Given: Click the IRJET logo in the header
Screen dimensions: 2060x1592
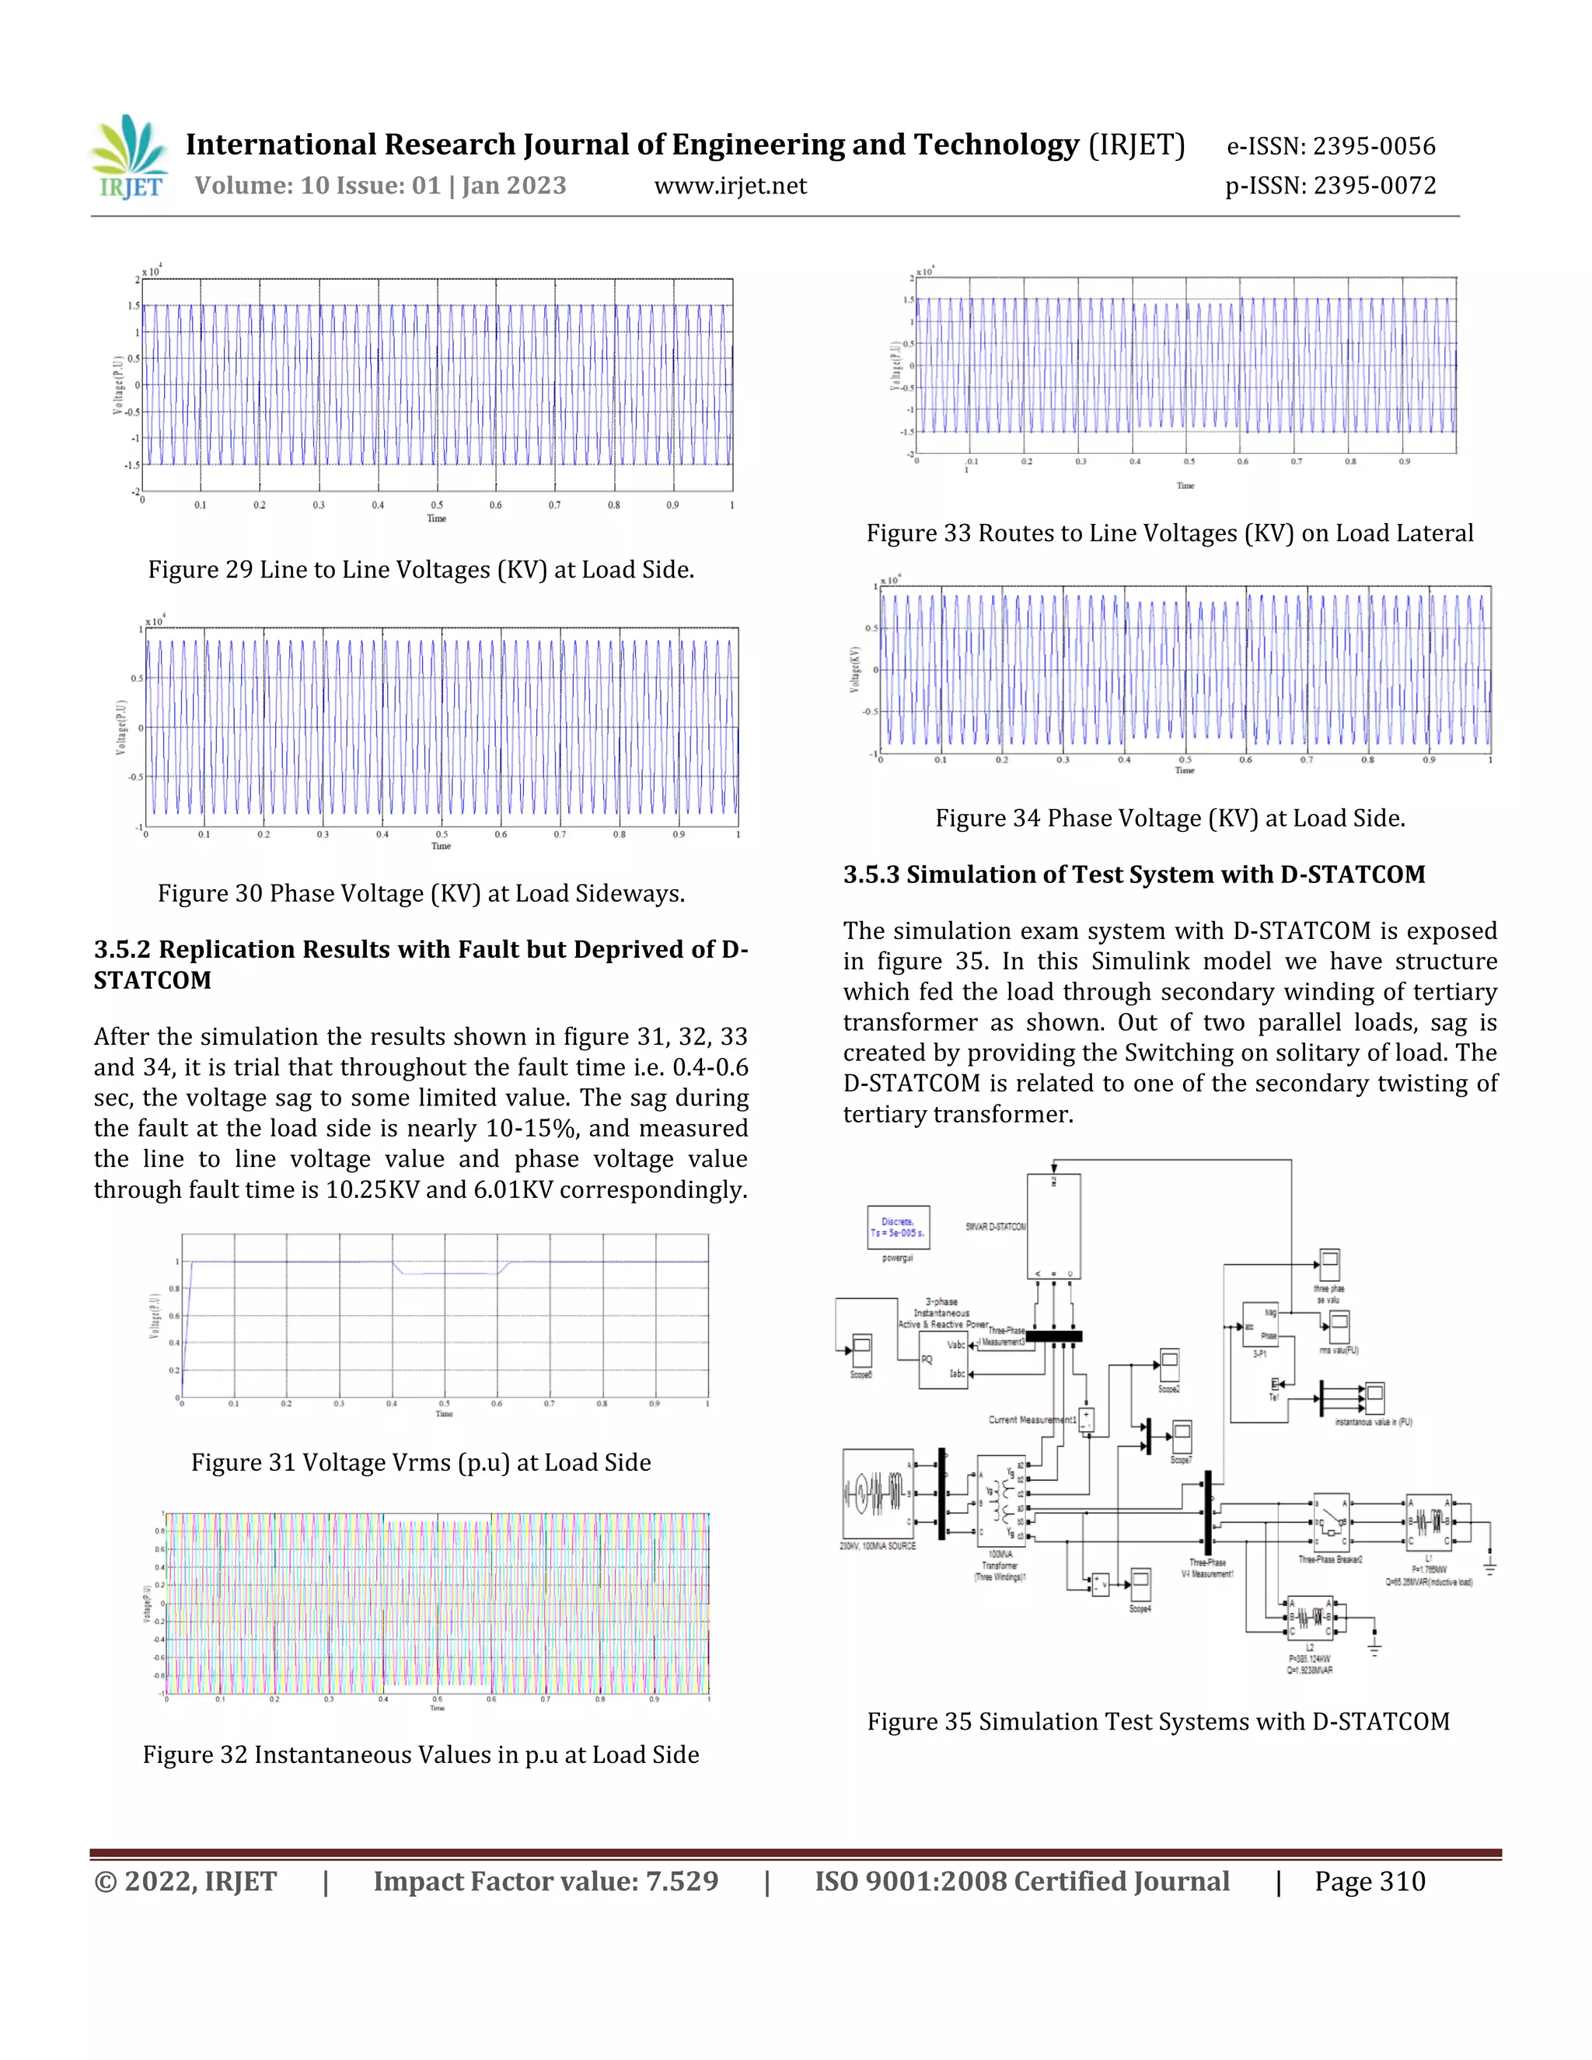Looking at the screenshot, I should point(130,158).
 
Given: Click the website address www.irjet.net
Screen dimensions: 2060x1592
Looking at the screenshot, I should point(730,186).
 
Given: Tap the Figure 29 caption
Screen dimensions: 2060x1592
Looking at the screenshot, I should point(421,570).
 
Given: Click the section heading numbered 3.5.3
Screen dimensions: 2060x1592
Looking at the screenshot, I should point(1133,875).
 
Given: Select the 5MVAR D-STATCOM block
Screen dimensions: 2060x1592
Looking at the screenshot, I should point(1053,1226).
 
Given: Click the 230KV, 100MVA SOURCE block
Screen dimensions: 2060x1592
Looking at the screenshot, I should point(878,1494).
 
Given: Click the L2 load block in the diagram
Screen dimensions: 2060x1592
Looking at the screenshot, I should point(1309,1618).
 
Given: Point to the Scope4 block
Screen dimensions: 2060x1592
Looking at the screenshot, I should point(1140,1583).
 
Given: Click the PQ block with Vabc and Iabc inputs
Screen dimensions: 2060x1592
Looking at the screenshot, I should point(943,1359).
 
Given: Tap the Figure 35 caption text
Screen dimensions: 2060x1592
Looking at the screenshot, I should point(1158,1721).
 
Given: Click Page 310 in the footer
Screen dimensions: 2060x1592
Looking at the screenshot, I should point(1370,1882).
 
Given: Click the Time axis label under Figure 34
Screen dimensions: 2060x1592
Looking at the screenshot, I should point(1185,770).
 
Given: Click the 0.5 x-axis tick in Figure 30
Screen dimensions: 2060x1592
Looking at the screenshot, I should point(442,835).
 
